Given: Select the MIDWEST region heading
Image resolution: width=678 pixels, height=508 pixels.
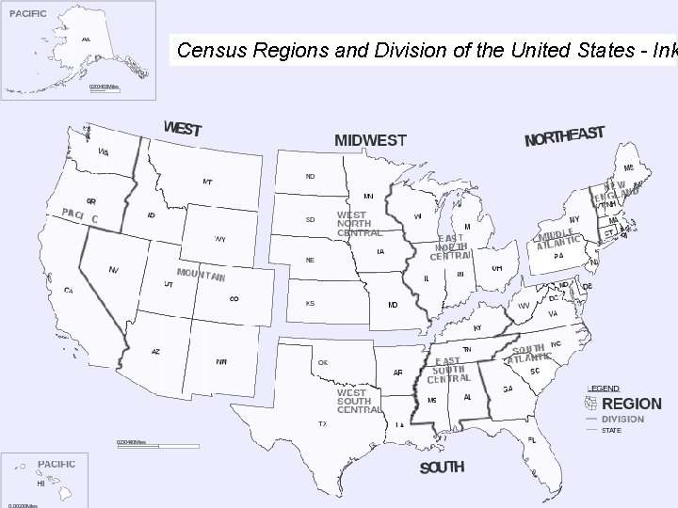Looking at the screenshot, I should coord(371,141).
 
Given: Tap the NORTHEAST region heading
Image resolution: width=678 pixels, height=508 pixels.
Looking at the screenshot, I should coord(564,137).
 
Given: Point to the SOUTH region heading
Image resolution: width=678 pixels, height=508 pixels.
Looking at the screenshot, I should coord(442,468).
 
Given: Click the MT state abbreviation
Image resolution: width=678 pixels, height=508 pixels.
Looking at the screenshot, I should coord(207,182).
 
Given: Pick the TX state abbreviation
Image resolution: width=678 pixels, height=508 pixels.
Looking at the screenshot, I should coord(323,423).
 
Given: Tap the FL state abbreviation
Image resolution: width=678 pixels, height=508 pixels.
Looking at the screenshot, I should coord(532,439).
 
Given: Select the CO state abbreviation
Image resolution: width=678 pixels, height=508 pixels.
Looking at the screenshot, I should coord(234,299).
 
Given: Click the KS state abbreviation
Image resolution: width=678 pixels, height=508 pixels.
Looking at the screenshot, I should coord(310,304).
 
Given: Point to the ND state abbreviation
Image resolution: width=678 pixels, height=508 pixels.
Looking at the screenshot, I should coord(310,176).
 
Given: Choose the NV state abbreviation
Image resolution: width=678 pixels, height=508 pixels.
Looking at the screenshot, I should coord(113,270).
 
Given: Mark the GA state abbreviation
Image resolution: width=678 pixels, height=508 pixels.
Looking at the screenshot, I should coord(508,389).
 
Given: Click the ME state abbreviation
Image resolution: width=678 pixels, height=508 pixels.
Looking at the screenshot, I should coord(628,167).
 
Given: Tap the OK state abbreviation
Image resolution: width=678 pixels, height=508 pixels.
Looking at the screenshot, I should coord(323,361).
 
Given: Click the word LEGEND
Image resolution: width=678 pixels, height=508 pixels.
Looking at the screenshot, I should coord(604,389).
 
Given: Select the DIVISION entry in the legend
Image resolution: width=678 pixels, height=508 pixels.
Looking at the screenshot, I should coord(622,419).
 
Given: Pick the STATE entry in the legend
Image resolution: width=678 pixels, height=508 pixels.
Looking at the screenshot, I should coord(612,431).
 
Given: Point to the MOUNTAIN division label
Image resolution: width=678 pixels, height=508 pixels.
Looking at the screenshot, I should coord(201,275).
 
